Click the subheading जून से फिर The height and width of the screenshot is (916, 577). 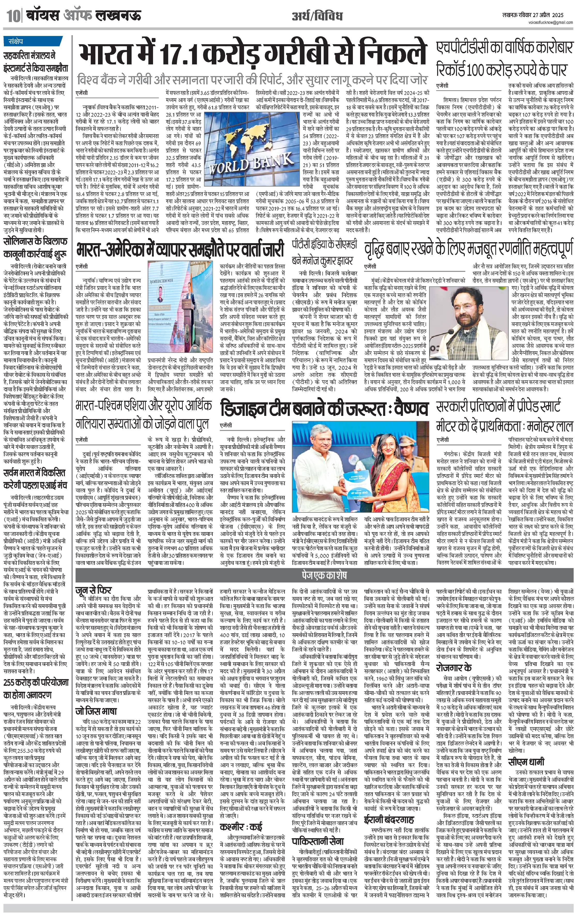tap(93, 590)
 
